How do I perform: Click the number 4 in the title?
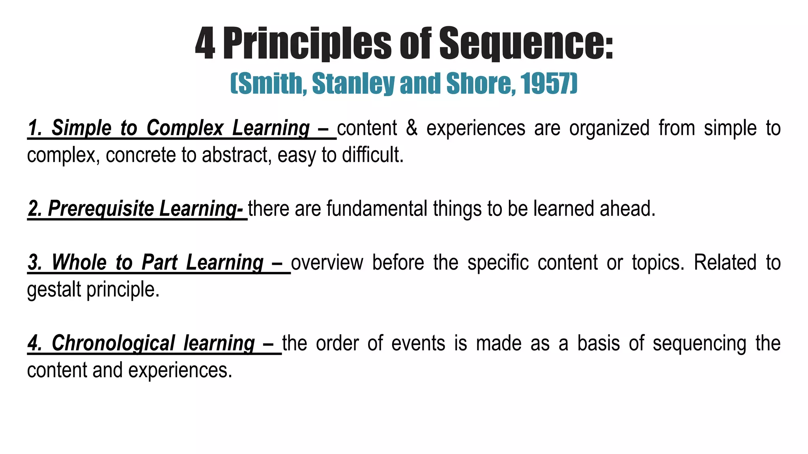[x=205, y=44]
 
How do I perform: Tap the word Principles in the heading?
[x=307, y=44]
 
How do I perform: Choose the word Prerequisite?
[x=101, y=209]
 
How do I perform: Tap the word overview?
[x=327, y=263]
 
